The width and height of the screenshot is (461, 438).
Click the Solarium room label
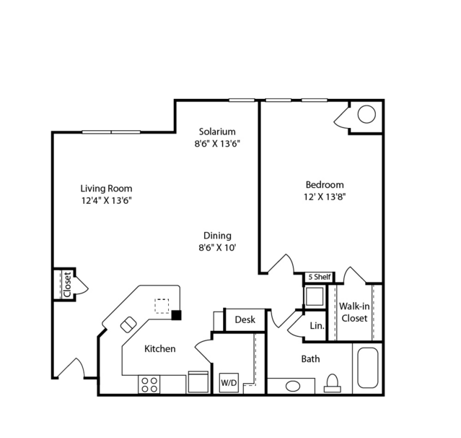(217, 132)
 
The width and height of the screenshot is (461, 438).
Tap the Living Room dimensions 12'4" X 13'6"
(107, 201)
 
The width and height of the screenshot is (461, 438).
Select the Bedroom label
(325, 185)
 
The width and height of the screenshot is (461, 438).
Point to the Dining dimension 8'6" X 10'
(218, 248)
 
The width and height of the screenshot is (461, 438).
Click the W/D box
(229, 382)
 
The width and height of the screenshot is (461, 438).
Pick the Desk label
(245, 319)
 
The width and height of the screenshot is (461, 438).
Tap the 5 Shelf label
(320, 277)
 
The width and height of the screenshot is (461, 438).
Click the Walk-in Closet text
(354, 312)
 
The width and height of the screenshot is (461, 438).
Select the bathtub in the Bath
(367, 368)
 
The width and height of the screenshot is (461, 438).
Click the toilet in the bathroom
(333, 384)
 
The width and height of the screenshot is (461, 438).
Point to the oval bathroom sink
(293, 386)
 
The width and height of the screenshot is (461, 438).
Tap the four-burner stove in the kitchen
(149, 385)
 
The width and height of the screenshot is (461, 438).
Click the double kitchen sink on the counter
(128, 325)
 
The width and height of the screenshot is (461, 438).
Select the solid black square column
(177, 315)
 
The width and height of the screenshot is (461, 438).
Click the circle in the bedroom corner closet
(366, 114)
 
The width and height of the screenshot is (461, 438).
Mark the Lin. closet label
(317, 326)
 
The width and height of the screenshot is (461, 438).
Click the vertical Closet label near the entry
(67, 285)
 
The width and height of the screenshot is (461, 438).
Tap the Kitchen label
(160, 349)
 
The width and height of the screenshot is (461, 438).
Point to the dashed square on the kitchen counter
(162, 306)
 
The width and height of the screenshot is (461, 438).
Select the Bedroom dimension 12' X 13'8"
(325, 197)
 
